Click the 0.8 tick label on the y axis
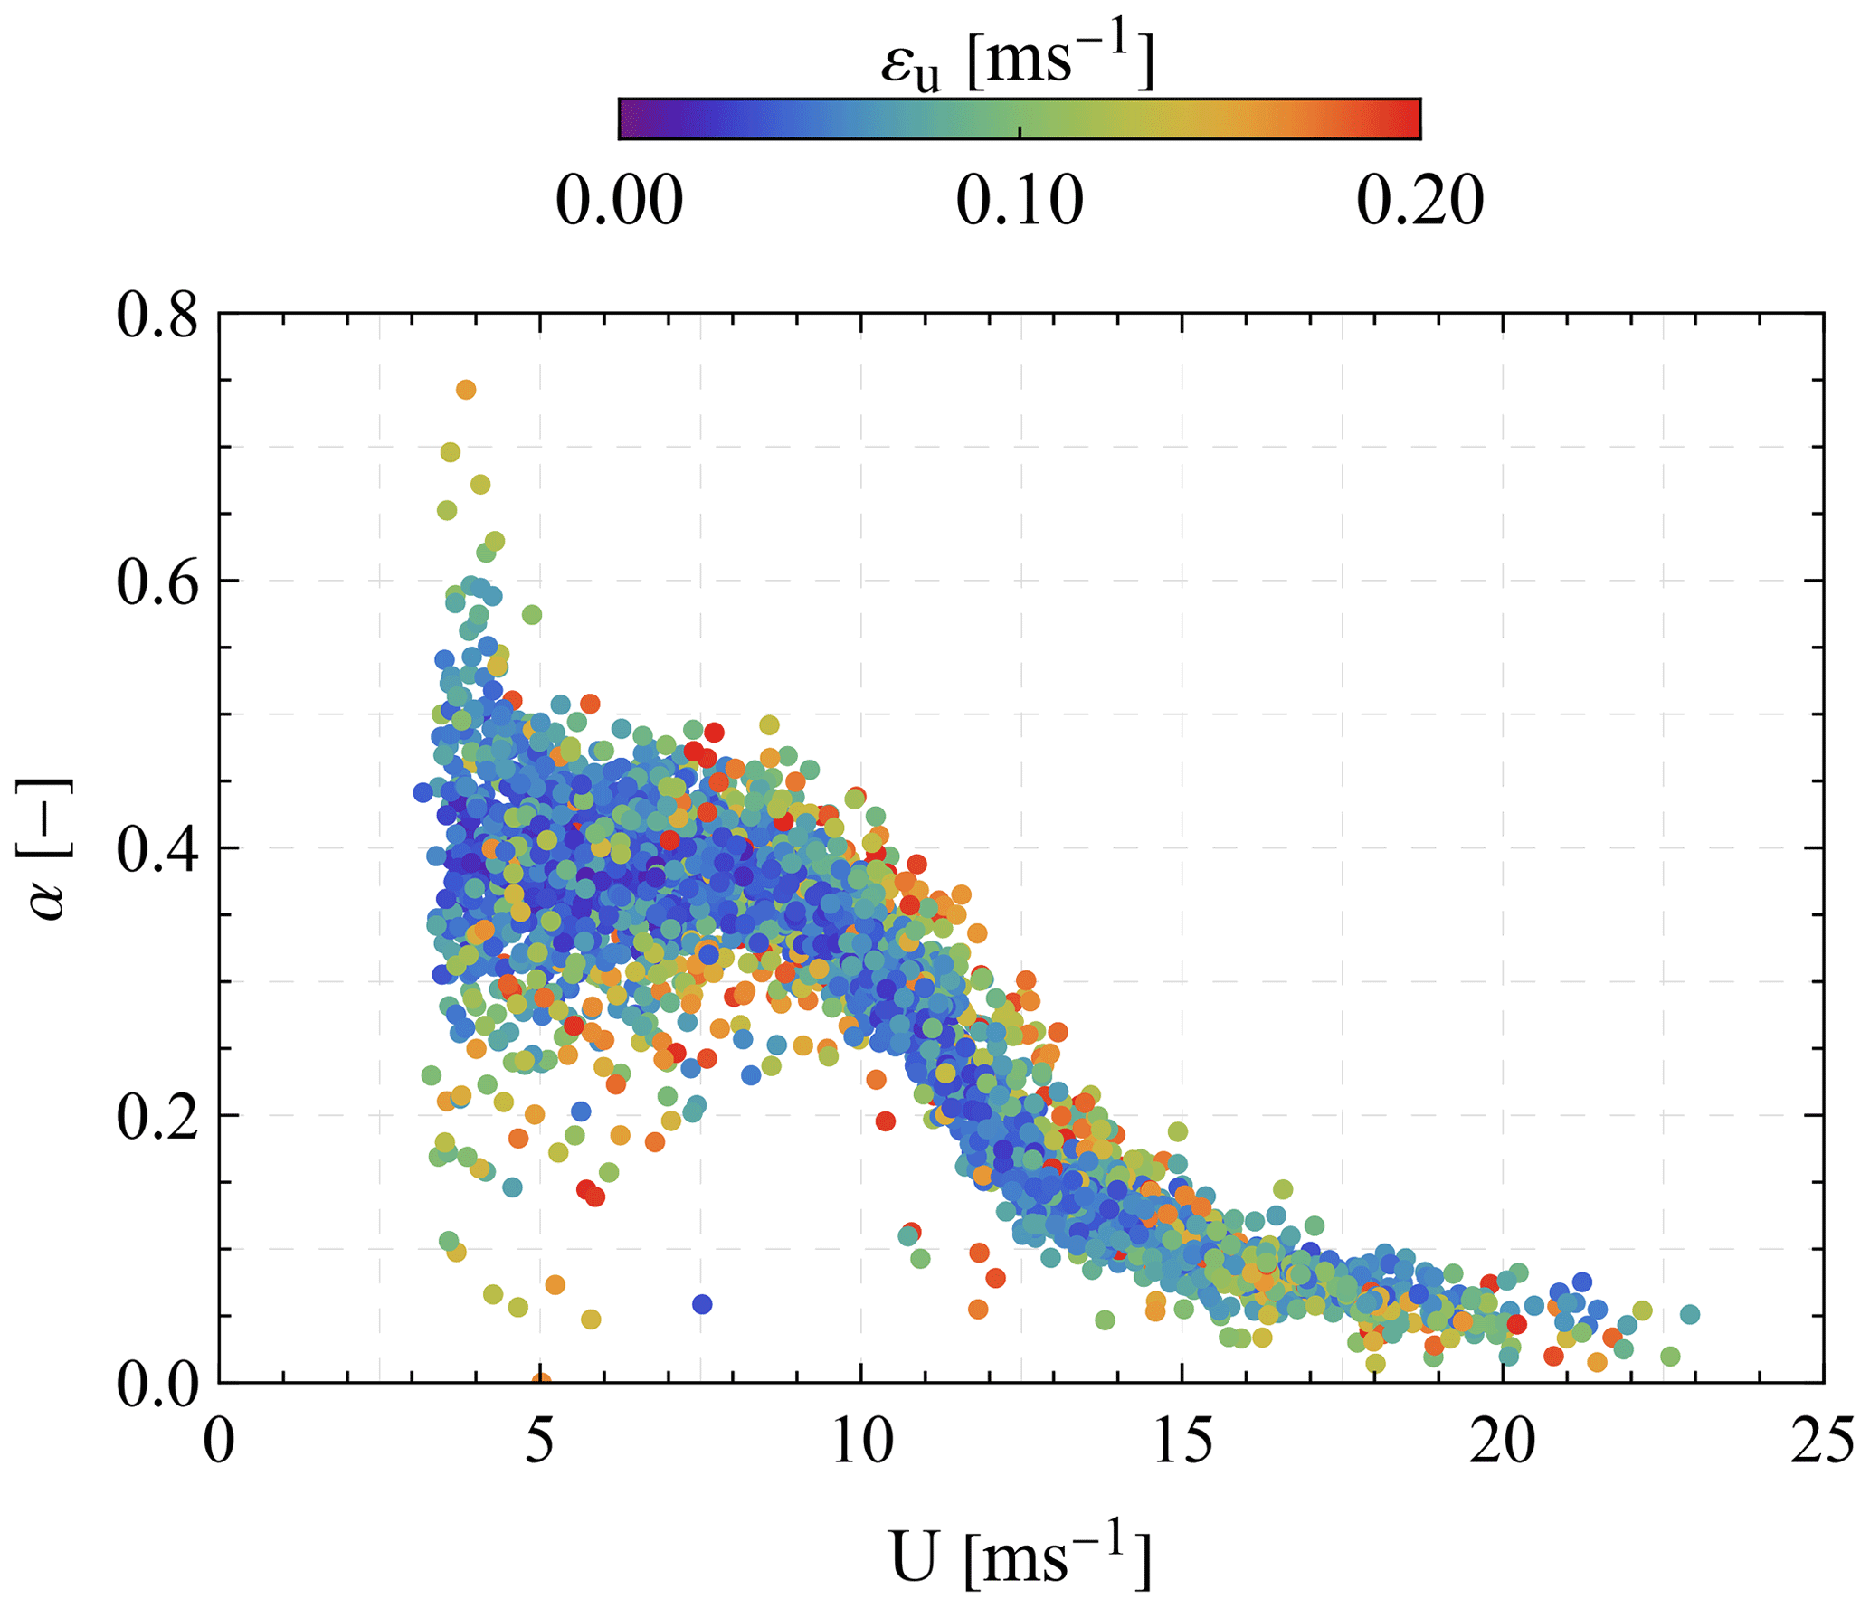pos(157,317)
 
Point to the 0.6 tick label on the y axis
pos(157,584)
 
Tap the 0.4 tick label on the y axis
pos(157,851)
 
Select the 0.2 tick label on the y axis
pos(157,1119)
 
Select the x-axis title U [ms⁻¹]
pos(1020,1555)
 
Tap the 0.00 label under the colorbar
pos(619,200)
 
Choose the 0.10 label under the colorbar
pos(1020,200)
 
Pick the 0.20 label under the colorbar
pos(1419,200)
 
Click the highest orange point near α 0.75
pos(466,390)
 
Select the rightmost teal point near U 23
pos(1689,1314)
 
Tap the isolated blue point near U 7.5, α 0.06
pos(702,1304)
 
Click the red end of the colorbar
pos(1407,118)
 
